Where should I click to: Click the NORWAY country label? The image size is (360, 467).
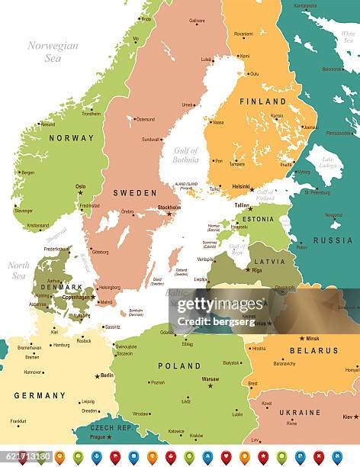point(71,138)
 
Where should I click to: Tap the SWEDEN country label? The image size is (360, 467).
point(135,193)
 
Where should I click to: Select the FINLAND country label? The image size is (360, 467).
point(262,101)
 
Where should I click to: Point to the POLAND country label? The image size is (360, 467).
point(179,366)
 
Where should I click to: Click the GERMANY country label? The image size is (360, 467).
point(40,395)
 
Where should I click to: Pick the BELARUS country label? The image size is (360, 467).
point(314,350)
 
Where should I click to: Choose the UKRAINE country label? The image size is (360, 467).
point(300,412)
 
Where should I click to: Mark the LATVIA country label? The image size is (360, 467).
point(269,261)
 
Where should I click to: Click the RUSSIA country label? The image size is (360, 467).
point(333,240)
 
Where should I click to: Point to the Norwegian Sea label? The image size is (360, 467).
point(53,51)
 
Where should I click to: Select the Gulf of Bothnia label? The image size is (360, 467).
point(185,155)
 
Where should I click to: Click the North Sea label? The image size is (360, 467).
point(19,270)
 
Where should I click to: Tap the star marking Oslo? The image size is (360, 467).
point(79,192)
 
